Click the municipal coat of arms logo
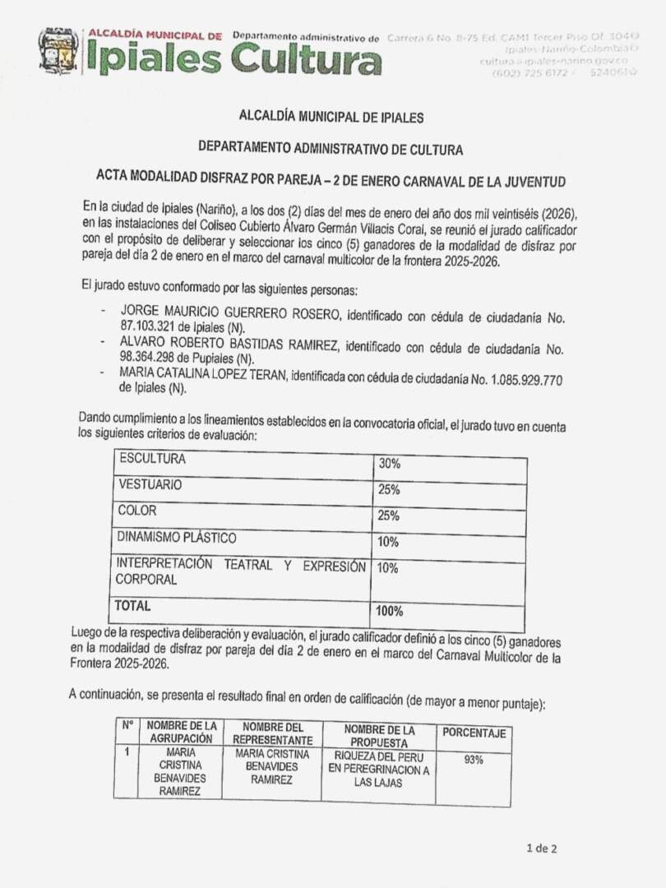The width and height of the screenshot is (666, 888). click(58, 51)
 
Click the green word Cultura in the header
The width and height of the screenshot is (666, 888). click(306, 60)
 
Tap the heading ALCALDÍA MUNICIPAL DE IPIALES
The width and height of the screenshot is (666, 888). click(331, 118)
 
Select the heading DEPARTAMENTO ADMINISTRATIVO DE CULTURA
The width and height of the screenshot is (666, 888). click(331, 149)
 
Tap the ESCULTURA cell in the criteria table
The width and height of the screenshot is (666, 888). click(153, 459)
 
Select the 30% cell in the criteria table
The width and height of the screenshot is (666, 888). click(390, 464)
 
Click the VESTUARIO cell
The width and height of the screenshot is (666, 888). click(150, 485)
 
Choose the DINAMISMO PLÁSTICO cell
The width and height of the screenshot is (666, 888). click(177, 538)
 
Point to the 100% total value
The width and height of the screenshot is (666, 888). click(390, 611)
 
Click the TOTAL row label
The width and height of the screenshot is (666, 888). click(134, 606)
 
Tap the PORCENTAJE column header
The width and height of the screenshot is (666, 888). click(474, 733)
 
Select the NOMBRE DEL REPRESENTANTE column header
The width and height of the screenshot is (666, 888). click(272, 733)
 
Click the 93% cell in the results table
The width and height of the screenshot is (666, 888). click(474, 761)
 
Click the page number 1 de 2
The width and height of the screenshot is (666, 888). click(542, 849)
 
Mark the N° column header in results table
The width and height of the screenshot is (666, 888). click(127, 726)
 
